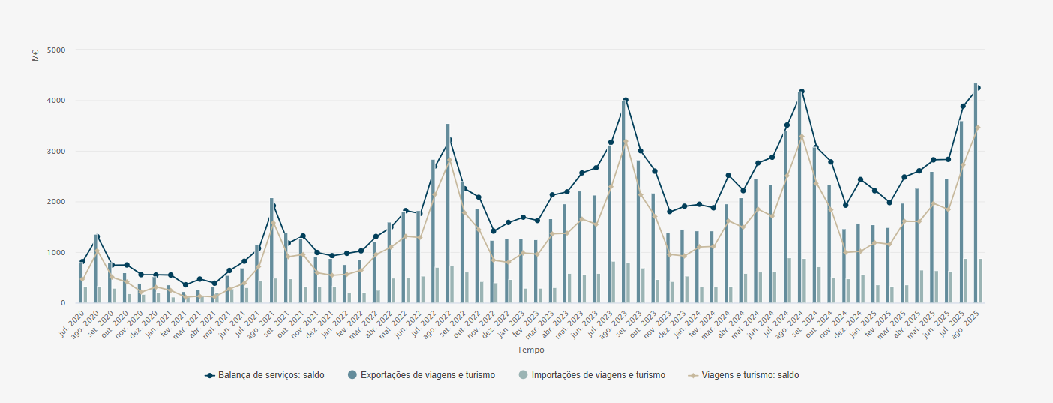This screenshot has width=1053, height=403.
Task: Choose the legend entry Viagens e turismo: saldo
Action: (x=750, y=375)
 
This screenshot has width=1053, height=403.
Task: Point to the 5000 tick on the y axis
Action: (x=56, y=50)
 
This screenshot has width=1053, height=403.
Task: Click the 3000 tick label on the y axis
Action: (x=56, y=152)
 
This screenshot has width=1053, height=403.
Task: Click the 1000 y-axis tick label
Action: (x=56, y=253)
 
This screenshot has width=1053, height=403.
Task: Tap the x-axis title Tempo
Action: (x=530, y=350)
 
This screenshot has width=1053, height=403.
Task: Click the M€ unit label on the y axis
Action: (x=35, y=56)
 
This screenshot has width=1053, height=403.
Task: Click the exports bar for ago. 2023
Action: (x=623, y=203)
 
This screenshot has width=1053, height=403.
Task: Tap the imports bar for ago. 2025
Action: (x=980, y=281)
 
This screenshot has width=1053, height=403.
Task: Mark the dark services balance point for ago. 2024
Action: (x=802, y=92)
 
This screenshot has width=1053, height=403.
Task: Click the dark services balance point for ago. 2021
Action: (x=274, y=206)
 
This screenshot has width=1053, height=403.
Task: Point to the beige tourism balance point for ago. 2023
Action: (x=625, y=141)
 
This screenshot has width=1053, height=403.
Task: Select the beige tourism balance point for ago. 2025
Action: (x=978, y=128)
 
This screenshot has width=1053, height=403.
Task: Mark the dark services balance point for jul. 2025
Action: (x=963, y=107)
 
